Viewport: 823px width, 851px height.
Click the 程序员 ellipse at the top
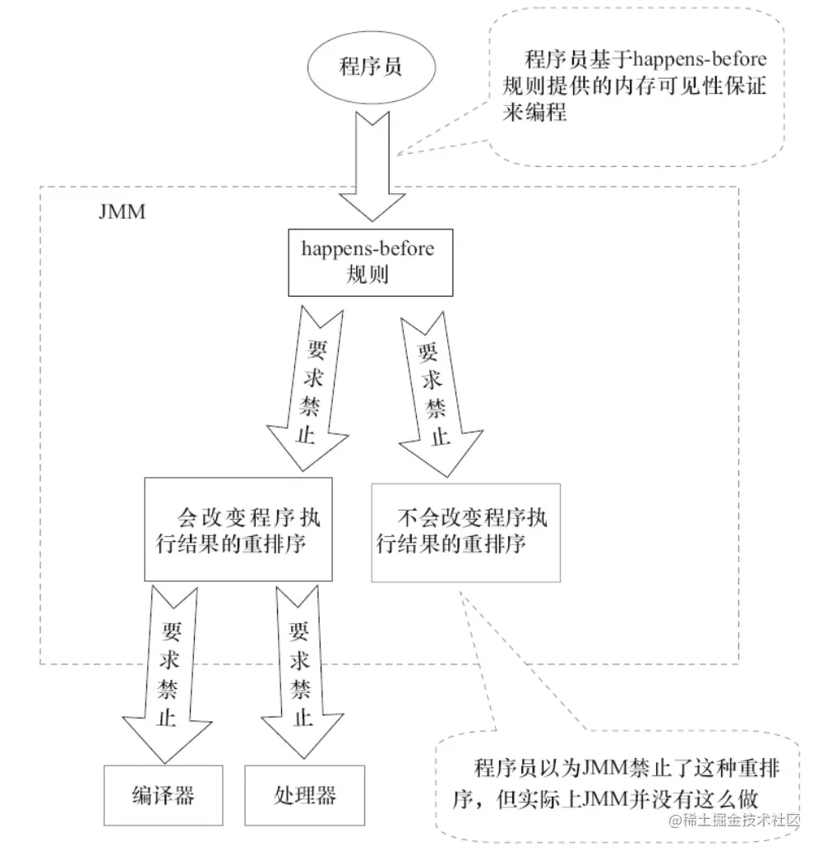coord(371,67)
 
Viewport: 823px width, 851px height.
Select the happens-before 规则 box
coord(369,261)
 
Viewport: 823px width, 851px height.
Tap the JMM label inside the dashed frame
coord(121,212)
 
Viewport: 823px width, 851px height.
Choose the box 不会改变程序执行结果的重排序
coord(465,531)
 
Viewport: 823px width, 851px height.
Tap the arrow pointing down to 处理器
coord(302,674)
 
